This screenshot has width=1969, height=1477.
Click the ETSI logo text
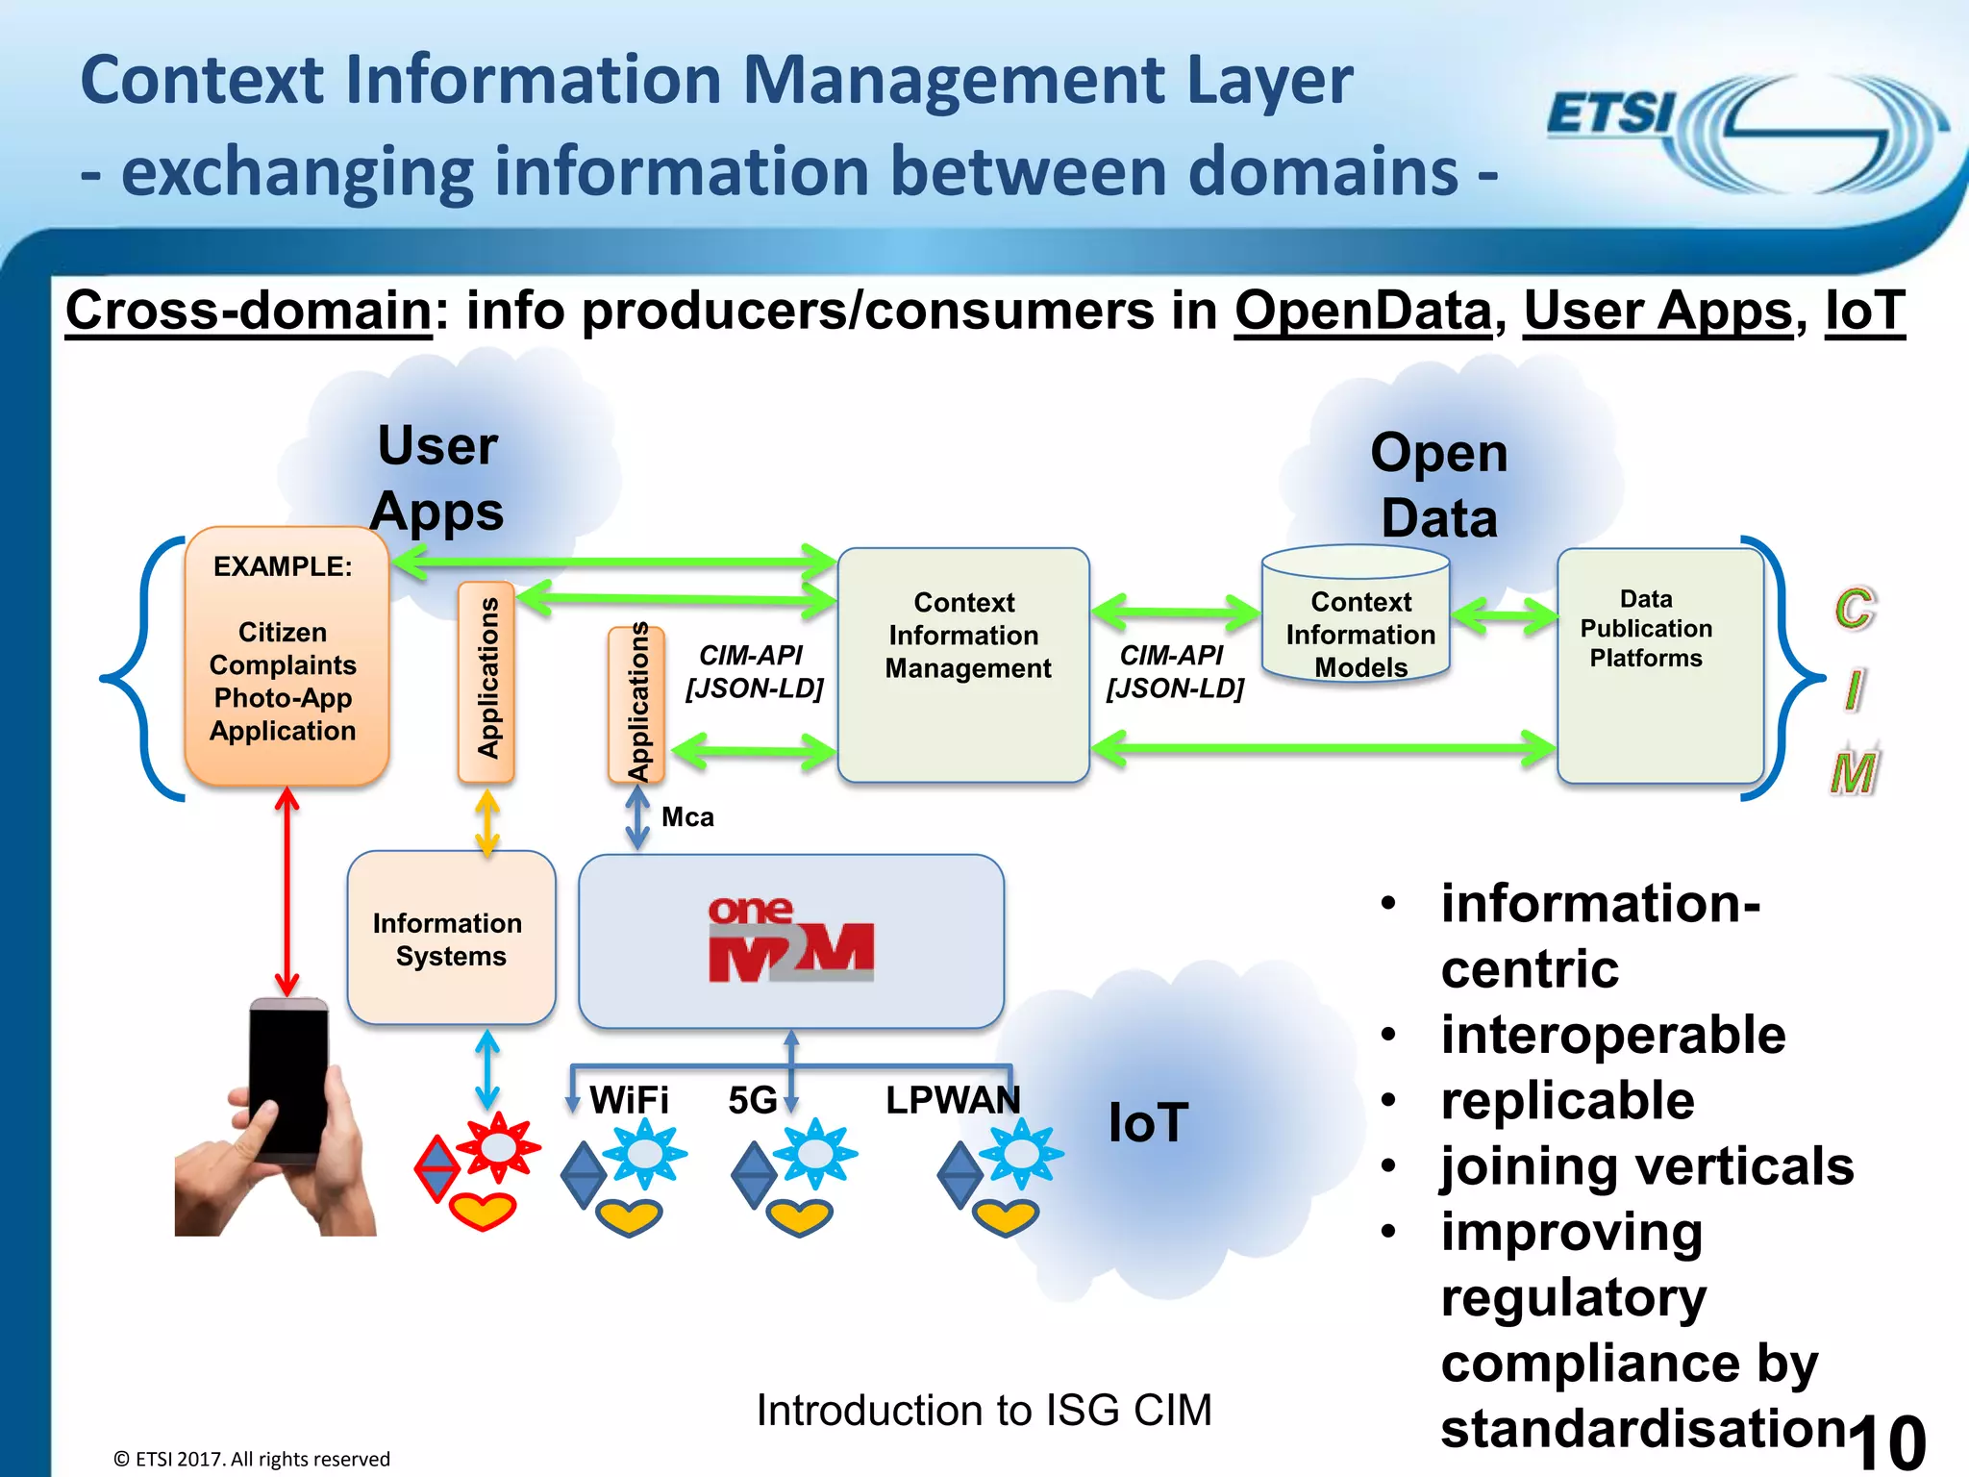pos(1610,113)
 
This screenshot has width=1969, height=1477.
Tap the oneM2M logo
pos(790,940)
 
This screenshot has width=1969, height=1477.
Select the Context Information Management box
pos(963,663)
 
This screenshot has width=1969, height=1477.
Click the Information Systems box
pos(450,939)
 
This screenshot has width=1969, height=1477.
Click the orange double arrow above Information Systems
pos(487,823)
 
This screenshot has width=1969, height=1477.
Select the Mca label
pos(687,817)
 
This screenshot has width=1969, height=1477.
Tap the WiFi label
pos(629,1100)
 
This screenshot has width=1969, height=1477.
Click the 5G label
pos(752,1100)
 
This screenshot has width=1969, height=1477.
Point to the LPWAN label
pos(952,1100)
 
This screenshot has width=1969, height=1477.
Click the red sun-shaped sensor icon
pos(498,1147)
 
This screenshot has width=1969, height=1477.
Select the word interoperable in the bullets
pos(1612,1036)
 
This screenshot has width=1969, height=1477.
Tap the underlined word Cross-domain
pos(248,312)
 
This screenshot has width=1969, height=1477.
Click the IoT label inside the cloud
pos(1148,1122)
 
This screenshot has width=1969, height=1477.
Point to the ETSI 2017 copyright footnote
pos(252,1459)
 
